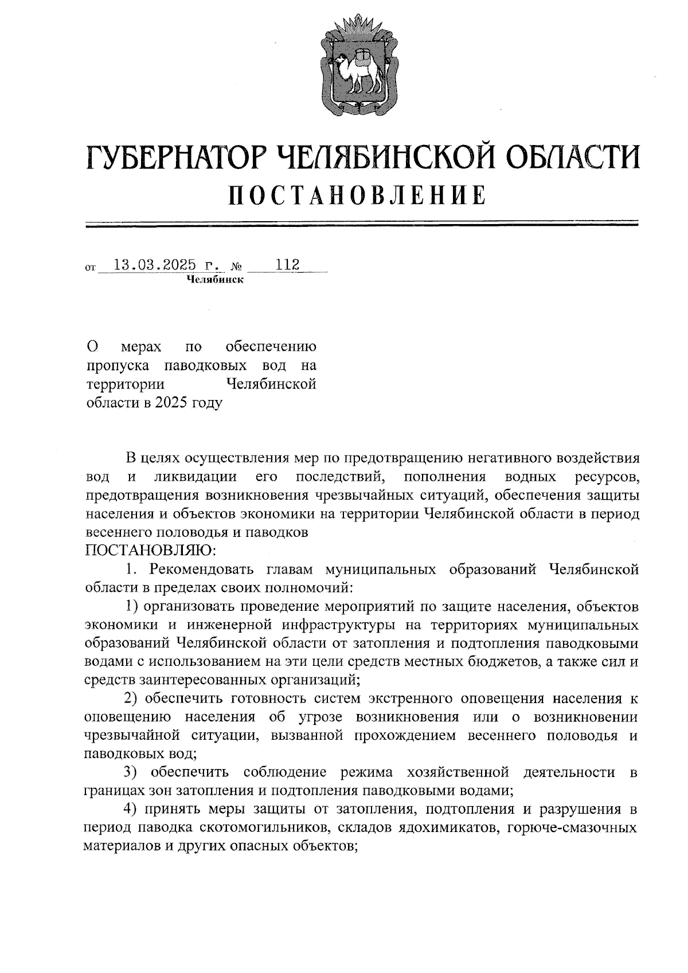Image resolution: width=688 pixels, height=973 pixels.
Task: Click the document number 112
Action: pos(288,265)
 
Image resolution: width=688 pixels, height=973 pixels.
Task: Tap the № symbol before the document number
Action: pos(236,266)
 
